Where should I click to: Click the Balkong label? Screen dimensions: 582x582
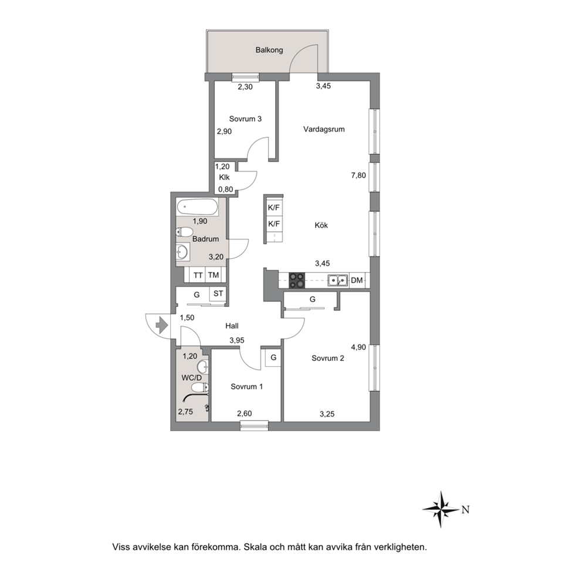[269, 50]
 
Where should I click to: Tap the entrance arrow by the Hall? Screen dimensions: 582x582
[162, 325]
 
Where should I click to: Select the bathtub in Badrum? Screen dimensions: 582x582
[197, 207]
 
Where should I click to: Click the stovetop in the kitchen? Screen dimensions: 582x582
[296, 280]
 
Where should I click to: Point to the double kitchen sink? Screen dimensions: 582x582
[338, 280]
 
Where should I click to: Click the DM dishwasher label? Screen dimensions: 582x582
[357, 280]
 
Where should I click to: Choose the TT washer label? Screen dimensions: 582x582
[198, 275]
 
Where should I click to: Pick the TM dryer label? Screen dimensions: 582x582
[214, 275]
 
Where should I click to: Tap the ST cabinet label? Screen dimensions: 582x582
[218, 293]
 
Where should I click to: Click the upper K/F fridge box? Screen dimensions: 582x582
[274, 208]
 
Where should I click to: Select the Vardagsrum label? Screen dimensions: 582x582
[324, 129]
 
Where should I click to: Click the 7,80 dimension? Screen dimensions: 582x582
[358, 175]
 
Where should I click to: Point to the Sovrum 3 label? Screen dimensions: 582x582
[245, 119]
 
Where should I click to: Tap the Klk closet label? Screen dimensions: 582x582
[224, 177]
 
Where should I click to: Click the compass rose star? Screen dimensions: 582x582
[441, 509]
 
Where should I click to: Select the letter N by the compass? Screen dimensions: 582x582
[466, 510]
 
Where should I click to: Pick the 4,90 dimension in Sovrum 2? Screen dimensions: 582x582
[358, 347]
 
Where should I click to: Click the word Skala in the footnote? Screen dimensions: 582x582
[253, 547]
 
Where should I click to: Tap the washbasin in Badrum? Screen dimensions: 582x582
[182, 252]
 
